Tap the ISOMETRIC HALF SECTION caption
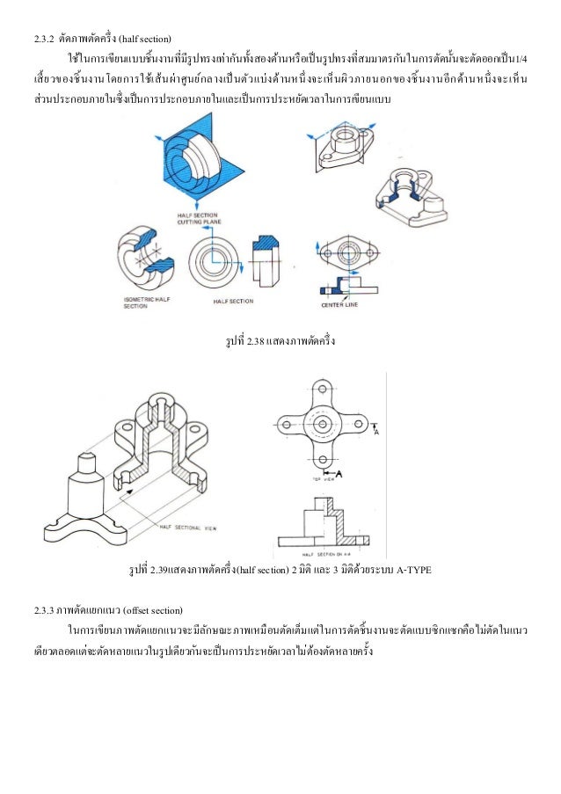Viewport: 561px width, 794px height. [x=139, y=302]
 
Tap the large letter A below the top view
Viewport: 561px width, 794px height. [x=339, y=475]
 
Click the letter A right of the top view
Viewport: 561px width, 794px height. [x=377, y=432]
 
